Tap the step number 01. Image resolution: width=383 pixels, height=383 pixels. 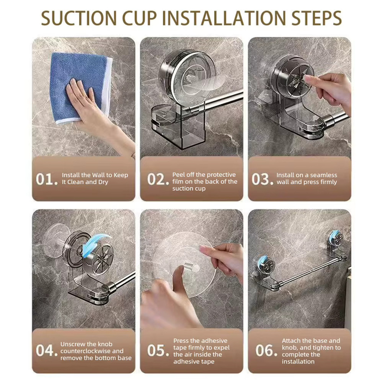46,179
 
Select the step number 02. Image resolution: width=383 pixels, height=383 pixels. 158,179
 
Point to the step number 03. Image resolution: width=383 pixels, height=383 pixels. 262,179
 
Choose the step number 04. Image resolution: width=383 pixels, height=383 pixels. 46,350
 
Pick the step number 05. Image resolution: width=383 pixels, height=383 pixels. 158,350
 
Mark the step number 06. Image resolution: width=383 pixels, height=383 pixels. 266,350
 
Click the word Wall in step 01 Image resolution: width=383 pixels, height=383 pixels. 98,175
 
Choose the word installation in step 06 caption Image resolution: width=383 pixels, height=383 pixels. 298,361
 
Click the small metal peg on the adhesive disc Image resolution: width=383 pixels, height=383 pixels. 192,268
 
